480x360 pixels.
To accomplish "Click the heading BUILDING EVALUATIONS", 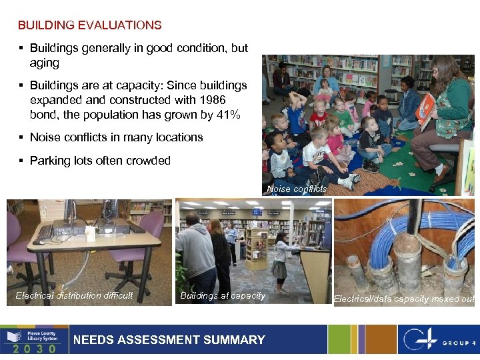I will pyautogui.click(x=89, y=25).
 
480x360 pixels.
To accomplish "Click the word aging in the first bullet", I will pyautogui.click(x=44, y=63).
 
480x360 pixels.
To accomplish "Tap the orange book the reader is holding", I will pyautogui.click(x=425, y=109).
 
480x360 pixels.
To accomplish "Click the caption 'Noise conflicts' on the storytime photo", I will pyautogui.click(x=297, y=189).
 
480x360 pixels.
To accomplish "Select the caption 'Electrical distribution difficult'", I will pyautogui.click(x=74, y=295).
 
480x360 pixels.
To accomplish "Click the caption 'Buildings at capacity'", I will pyautogui.click(x=223, y=295).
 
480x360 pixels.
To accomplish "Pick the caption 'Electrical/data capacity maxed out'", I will pyautogui.click(x=404, y=299).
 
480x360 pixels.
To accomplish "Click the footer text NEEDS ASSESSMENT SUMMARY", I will pyautogui.click(x=169, y=340).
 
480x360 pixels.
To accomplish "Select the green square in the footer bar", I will pyautogui.click(x=339, y=340).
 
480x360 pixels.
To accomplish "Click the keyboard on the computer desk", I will pyautogui.click(x=45, y=232).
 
